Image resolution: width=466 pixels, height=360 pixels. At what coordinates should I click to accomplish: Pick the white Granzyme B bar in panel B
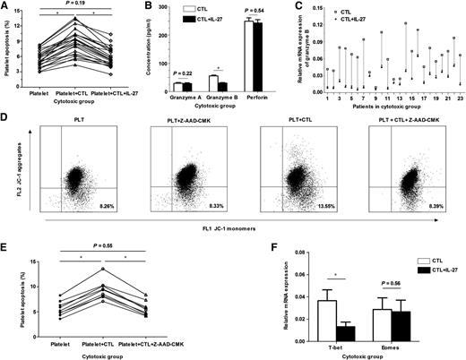(212, 84)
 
